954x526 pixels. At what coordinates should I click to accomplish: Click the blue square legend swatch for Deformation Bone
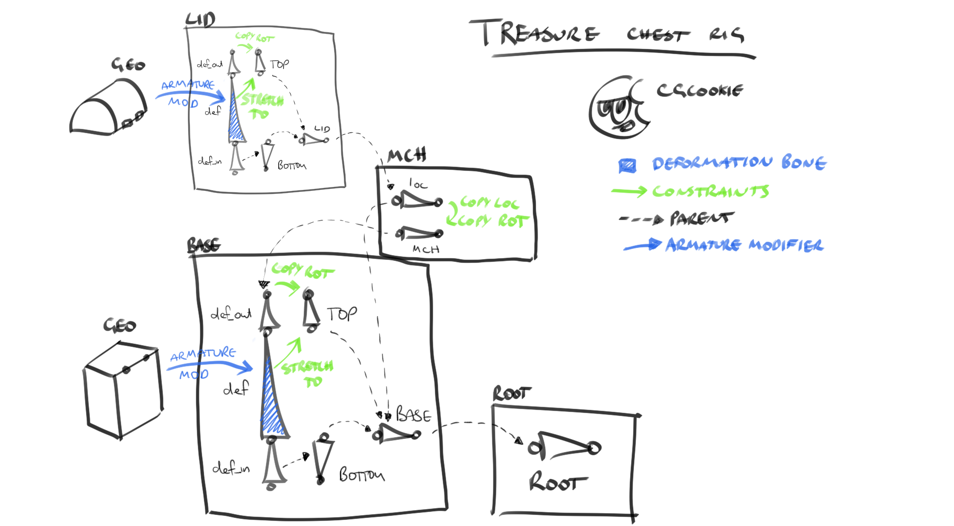coord(627,166)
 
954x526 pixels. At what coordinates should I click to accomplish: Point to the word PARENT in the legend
coord(701,218)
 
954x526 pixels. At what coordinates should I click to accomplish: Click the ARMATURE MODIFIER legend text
coord(744,245)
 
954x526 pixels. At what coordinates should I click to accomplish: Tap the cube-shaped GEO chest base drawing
coord(123,391)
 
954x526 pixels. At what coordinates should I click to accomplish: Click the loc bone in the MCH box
coord(417,200)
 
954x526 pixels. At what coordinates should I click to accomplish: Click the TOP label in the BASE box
coord(342,314)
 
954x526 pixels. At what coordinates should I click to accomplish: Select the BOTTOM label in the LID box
coord(292,165)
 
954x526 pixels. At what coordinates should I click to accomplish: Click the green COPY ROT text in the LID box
coord(254,37)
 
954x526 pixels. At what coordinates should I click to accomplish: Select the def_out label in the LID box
coord(210,64)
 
